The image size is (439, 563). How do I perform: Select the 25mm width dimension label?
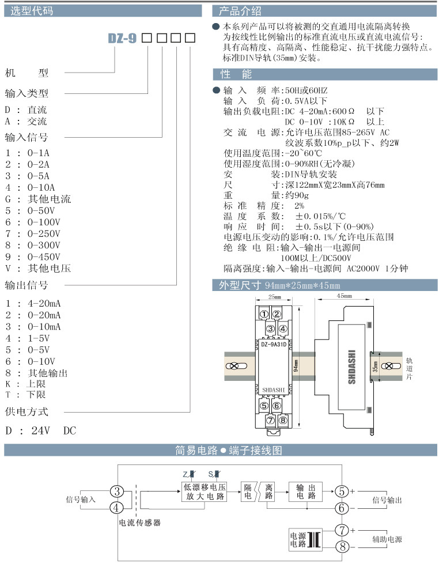click(x=274, y=297)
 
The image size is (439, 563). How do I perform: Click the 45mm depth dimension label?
click(x=343, y=295)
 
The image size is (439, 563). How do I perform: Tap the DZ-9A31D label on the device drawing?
click(x=274, y=345)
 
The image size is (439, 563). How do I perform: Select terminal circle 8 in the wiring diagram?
click(x=342, y=546)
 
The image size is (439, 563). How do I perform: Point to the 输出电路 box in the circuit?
click(x=305, y=491)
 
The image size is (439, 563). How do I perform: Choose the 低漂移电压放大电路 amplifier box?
click(x=204, y=492)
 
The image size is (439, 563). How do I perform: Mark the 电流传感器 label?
click(x=139, y=523)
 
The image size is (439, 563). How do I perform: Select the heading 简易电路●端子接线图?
click(x=229, y=450)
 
